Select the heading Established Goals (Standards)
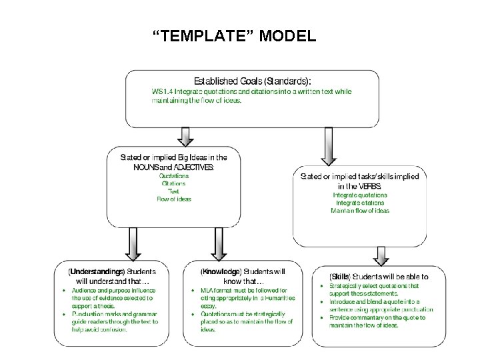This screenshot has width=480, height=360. pyautogui.click(x=252, y=79)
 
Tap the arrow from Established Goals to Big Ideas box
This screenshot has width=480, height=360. pyautogui.click(x=187, y=137)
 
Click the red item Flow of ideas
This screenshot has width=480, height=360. pyautogui.click(x=173, y=199)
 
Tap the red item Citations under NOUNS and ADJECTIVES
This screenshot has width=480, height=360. pyautogui.click(x=173, y=183)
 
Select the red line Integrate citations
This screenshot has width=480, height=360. pyautogui.click(x=360, y=203)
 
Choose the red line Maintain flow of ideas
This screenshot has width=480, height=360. pyautogui.click(x=360, y=211)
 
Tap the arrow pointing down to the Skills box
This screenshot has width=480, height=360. pyautogui.click(x=381, y=255)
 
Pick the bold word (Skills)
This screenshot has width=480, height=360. pyautogui.click(x=340, y=276)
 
